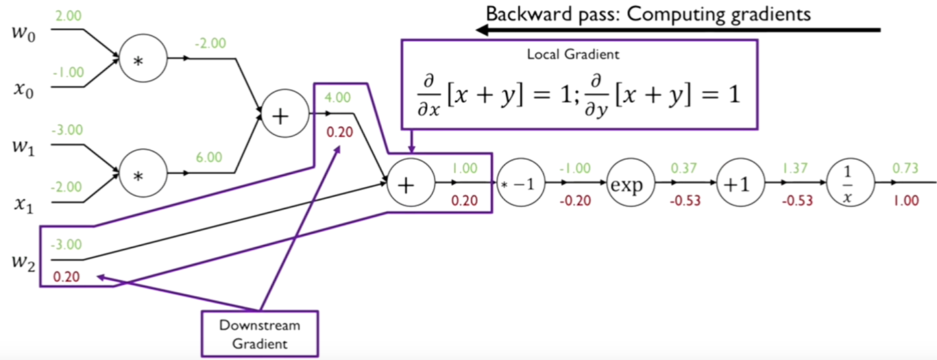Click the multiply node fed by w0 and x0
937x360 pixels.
pyautogui.click(x=143, y=60)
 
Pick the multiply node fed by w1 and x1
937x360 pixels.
pyautogui.click(x=143, y=175)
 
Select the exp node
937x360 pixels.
pyautogui.click(x=629, y=184)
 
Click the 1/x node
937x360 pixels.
pyautogui.click(x=849, y=184)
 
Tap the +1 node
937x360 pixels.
pyautogui.click(x=739, y=184)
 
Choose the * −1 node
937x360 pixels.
pyautogui.click(x=520, y=184)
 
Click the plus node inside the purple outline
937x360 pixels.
pyautogui.click(x=410, y=184)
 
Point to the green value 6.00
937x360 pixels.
pyautogui.click(x=210, y=157)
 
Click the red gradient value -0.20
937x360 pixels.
pyautogui.click(x=574, y=200)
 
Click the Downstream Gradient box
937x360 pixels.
pyautogui.click(x=260, y=333)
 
